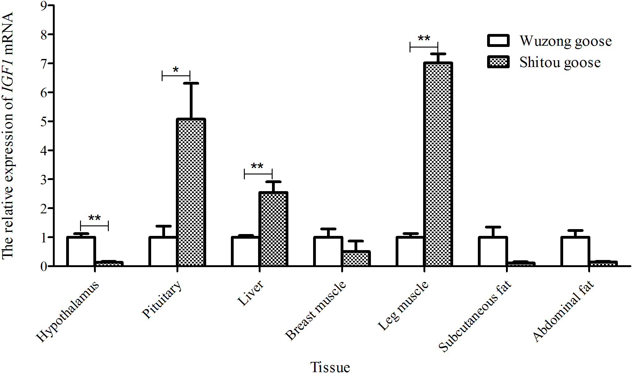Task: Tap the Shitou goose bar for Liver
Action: pos(274,229)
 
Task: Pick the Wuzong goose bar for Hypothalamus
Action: pos(81,251)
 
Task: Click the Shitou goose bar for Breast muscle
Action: pos(356,258)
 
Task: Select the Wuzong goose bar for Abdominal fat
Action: pos(575,251)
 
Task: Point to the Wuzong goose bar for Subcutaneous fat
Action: pos(493,251)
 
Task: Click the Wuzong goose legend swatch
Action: pos(498,41)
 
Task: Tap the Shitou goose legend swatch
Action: pos(498,62)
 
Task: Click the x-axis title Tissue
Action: pos(330,367)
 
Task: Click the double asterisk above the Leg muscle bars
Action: pos(424,39)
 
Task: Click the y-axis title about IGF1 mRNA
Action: pos(8,136)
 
